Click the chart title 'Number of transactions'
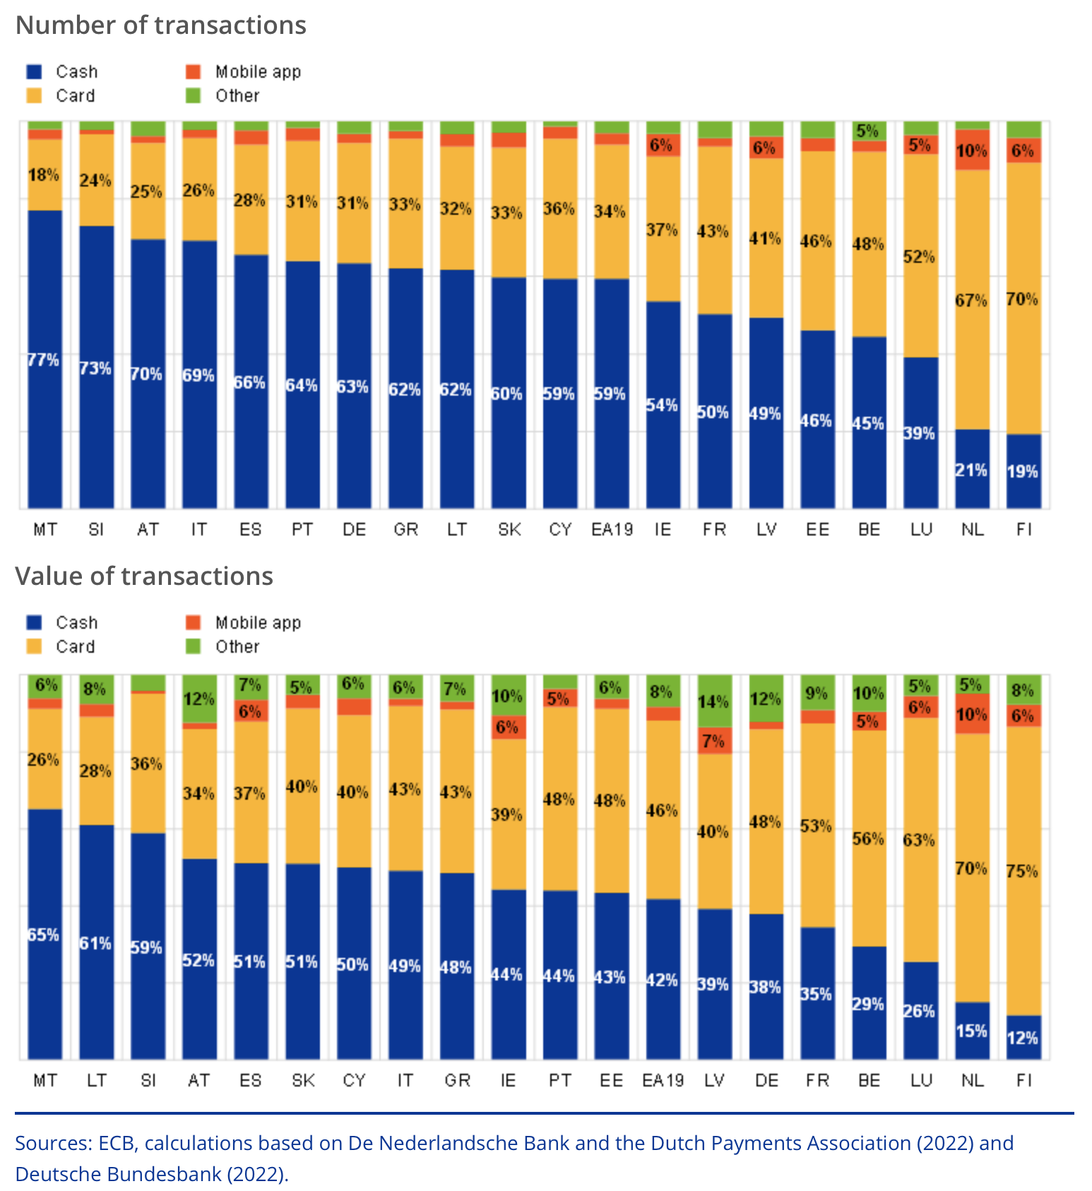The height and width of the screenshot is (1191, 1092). (161, 25)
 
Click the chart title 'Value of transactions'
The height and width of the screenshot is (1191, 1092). (144, 576)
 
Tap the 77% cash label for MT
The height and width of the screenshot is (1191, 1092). (44, 360)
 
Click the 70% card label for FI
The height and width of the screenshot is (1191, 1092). (1022, 300)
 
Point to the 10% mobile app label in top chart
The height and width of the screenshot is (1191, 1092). (971, 151)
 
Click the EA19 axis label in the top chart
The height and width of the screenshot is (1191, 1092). (612, 530)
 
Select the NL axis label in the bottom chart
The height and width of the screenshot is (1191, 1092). (972, 1081)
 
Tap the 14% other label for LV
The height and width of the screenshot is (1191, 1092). (713, 702)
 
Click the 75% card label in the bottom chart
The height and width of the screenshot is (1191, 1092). (1022, 872)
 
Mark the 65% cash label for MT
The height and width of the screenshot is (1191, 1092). (44, 935)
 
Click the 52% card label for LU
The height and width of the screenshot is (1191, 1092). (919, 257)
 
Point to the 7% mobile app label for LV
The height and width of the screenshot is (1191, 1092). (713, 741)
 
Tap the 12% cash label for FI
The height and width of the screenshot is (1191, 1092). (1022, 1038)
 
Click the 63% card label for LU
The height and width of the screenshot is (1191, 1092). (919, 841)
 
